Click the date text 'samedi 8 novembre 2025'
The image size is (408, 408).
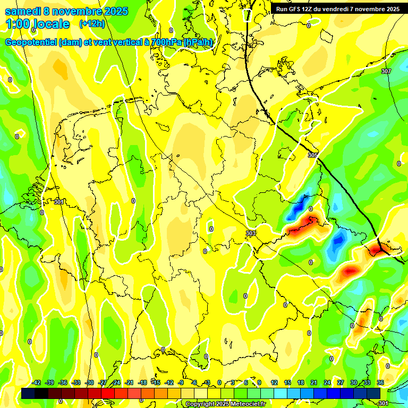[66, 11]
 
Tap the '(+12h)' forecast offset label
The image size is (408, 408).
[92, 24]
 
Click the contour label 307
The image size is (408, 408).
[386, 71]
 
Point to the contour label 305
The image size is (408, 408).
[312, 155]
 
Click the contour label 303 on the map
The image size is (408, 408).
[251, 234]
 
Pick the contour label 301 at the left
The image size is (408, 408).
[58, 202]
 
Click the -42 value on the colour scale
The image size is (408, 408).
[36, 382]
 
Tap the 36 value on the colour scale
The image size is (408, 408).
[380, 382]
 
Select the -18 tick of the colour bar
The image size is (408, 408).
[142, 382]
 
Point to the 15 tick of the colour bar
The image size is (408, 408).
[287, 382]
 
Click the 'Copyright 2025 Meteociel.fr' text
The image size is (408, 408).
[225, 404]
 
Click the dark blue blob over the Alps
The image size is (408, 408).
[297, 208]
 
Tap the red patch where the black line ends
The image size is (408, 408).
[378, 248]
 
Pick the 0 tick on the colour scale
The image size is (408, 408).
[219, 382]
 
